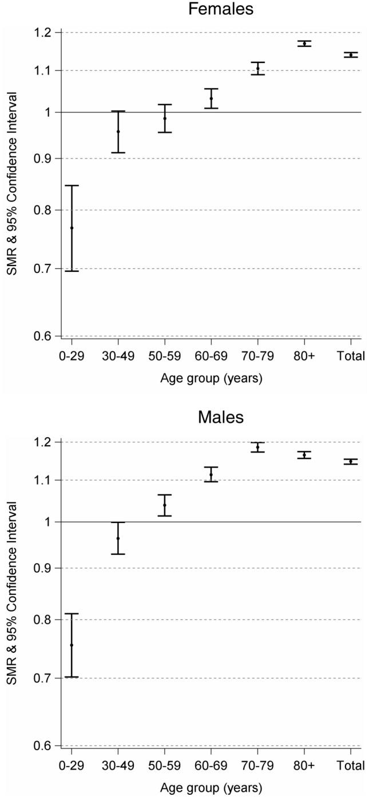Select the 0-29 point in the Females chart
point(72,228)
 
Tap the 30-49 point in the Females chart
point(118,132)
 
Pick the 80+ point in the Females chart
point(304,43)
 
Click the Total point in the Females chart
point(351,55)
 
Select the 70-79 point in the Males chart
point(258,447)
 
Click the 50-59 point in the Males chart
point(165,505)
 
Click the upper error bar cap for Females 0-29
point(72,185)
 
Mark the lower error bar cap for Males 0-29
point(72,677)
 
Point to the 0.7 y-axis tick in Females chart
point(47,268)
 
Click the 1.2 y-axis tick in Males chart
point(47,442)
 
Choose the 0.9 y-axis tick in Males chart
point(47,568)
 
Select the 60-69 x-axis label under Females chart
point(211,356)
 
